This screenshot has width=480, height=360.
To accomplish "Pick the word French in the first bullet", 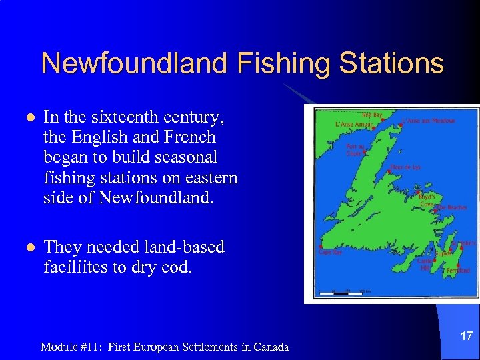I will pos(191,137).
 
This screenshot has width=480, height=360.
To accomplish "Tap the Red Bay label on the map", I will pos(371,114).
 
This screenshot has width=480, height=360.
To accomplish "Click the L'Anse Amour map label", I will pos(353,125).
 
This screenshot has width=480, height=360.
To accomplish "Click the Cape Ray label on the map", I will pos(331,253).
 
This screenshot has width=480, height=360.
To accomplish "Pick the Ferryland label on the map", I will pos(458,271).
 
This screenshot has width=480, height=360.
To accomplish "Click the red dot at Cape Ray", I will pos(321,246).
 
